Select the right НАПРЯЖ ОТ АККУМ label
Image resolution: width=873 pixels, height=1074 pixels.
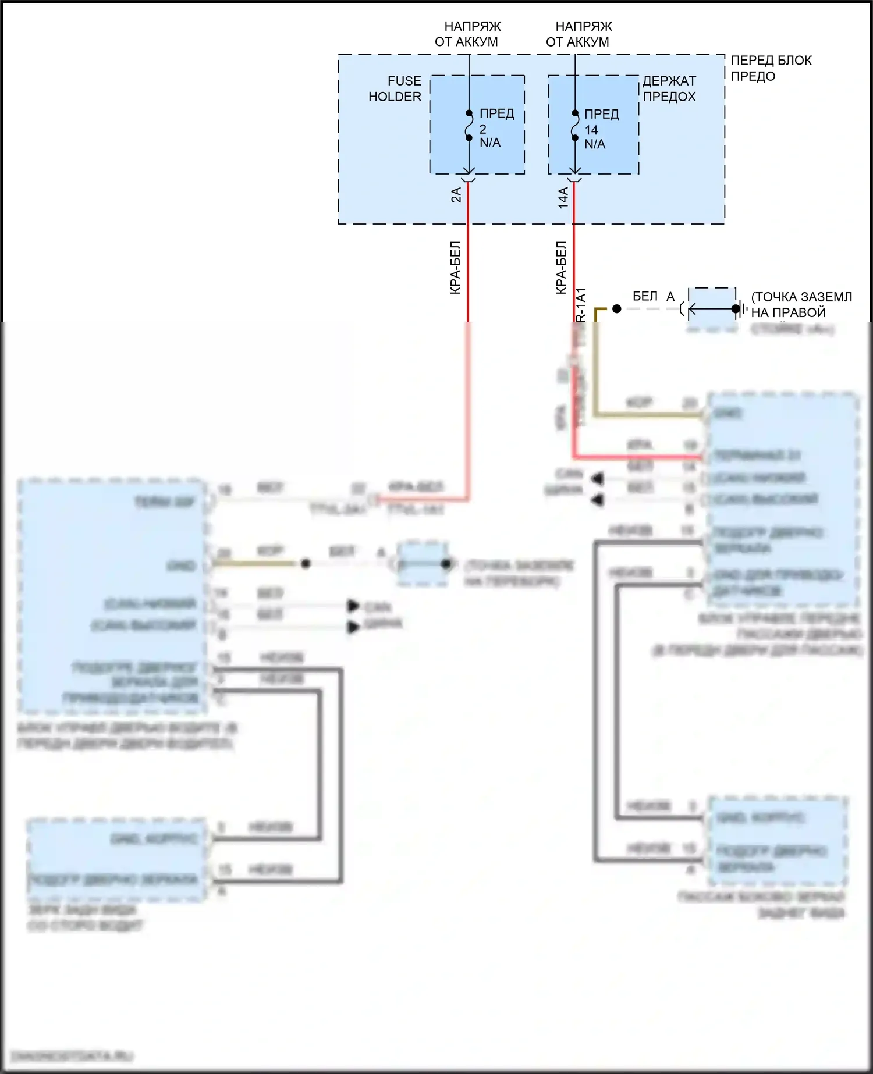(579, 34)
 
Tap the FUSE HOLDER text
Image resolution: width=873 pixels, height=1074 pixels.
(395, 88)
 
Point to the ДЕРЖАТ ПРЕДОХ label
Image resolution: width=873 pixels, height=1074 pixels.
(669, 88)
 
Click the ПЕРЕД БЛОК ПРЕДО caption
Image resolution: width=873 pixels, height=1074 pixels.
(771, 68)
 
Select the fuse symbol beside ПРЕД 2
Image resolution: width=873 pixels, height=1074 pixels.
(469, 126)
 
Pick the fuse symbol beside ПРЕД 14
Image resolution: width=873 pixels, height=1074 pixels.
(574, 126)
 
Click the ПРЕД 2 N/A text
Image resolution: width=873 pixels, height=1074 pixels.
(496, 128)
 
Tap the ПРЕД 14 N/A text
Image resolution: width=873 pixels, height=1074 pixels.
(601, 129)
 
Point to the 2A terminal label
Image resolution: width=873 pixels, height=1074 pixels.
(456, 195)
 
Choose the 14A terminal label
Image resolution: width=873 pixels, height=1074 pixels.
(563, 197)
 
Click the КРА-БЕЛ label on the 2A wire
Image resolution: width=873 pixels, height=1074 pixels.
(455, 268)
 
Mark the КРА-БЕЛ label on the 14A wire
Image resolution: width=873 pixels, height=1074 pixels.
(560, 268)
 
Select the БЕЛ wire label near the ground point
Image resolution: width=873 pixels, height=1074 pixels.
(645, 296)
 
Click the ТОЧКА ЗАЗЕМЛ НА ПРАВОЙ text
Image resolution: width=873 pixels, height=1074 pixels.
(801, 304)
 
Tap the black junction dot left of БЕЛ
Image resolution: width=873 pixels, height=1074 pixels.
(617, 309)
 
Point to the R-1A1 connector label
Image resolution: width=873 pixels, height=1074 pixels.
(581, 304)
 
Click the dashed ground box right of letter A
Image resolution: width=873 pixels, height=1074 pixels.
(712, 308)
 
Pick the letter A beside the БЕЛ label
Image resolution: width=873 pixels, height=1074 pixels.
(670, 297)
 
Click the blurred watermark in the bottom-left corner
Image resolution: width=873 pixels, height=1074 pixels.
(72, 1056)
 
